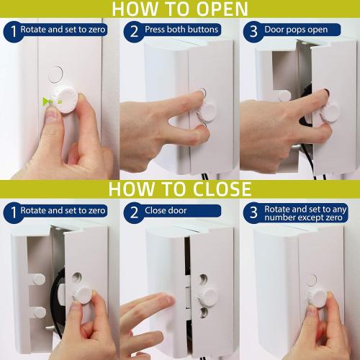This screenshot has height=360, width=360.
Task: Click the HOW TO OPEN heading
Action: click(180, 9)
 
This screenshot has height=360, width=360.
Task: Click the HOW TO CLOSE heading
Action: click(180, 189)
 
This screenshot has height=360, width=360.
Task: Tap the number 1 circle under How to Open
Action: click(11, 32)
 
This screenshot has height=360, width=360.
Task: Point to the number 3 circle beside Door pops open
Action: click(253, 32)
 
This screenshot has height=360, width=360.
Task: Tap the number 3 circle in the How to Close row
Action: click(253, 212)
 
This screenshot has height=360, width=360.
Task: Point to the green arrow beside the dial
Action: click(48, 102)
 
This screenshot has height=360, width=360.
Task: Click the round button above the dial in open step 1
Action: click(55, 73)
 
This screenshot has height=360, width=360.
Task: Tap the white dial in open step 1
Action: click(71, 98)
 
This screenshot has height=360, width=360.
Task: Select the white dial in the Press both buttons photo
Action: click(207, 110)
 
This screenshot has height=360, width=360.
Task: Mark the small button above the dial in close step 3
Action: click(312, 279)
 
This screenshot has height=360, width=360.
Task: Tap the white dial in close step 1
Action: click(84, 294)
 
